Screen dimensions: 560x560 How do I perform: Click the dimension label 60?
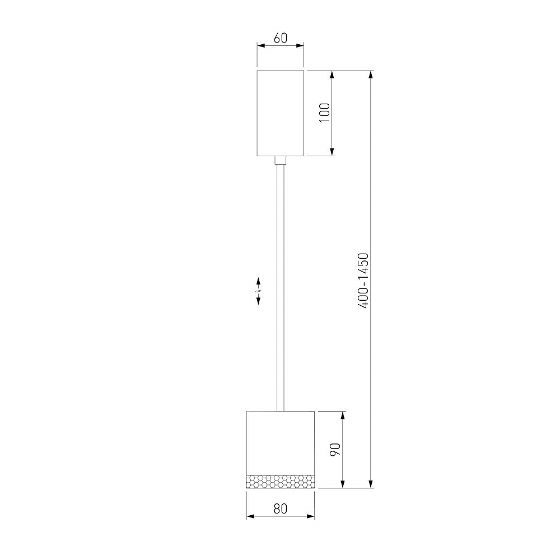pos(281,38)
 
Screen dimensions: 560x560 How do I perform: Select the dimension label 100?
pos(325,113)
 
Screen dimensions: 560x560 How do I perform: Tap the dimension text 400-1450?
pos(363,281)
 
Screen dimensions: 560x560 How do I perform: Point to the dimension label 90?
pos(335,449)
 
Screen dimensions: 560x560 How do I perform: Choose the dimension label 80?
pos(281,508)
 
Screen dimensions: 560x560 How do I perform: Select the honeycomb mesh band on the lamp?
pos(281,482)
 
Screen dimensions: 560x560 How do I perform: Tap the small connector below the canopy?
pos(281,160)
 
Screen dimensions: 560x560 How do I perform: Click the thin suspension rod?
pos(281,287)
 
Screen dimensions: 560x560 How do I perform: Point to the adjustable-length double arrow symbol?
pos(258,291)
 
